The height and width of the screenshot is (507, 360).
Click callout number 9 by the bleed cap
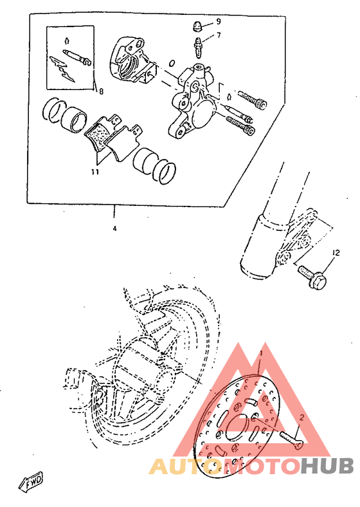[x=219, y=21]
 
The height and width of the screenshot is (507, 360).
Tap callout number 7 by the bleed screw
[x=219, y=35]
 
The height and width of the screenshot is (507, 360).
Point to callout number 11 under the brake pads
[x=94, y=172]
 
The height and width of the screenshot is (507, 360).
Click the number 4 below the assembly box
[x=115, y=228]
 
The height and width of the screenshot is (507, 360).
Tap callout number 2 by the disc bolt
[x=300, y=418]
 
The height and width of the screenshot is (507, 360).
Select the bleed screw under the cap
[x=199, y=46]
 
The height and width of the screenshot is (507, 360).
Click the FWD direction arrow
[x=31, y=480]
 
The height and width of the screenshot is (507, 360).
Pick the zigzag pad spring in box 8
[x=62, y=67]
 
